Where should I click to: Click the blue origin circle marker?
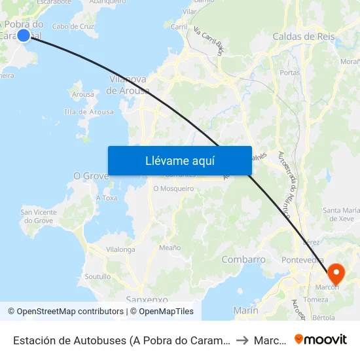click(24, 35)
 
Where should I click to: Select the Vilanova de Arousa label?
click(128, 85)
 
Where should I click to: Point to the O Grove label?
click(90, 176)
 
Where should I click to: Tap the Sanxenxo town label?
click(147, 299)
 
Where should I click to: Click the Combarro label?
click(243, 260)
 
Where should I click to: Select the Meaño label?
click(170, 247)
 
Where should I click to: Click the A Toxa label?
click(107, 198)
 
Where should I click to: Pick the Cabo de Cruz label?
click(73, 27)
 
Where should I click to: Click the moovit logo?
click(321, 339)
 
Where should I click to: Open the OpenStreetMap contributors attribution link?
click(65, 312)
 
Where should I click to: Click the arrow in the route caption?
click(242, 340)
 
